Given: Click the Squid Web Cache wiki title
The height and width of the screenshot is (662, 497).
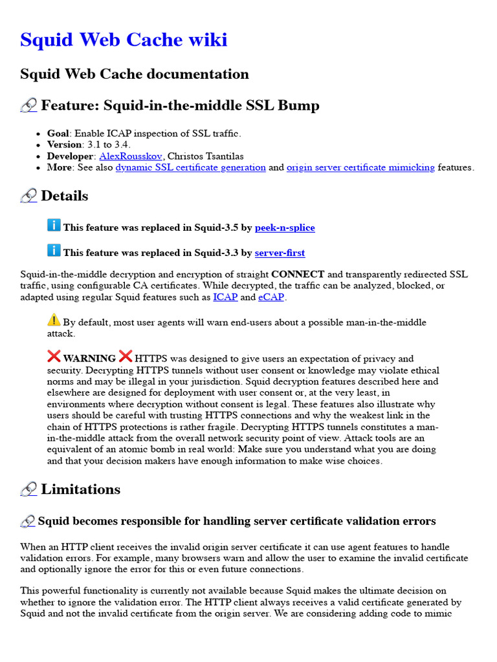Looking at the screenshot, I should tap(124, 40).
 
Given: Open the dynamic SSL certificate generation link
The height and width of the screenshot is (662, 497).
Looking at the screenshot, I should tap(190, 167).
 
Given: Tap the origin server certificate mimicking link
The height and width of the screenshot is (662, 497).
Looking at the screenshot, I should tap(360, 167).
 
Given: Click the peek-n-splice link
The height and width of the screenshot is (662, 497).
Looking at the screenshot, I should tap(285, 228).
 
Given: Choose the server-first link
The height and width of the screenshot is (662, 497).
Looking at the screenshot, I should tap(280, 253).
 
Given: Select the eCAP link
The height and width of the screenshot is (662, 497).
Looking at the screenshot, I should tap(271, 297).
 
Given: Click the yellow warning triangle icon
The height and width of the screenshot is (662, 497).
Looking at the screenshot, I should tap(54, 319).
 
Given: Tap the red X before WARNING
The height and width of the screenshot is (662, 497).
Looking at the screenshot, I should tap(54, 356).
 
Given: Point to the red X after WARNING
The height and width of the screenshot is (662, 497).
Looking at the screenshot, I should tap(126, 356).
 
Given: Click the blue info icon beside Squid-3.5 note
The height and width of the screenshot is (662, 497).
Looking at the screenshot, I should tap(54, 225).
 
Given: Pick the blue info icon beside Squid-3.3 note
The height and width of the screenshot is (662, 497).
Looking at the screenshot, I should tap(54, 250).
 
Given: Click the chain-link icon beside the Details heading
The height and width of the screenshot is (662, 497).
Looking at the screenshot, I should tap(28, 197).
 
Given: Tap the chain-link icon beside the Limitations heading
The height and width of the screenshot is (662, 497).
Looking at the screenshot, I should tap(28, 490).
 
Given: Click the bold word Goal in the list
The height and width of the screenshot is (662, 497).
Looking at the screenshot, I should tap(58, 133).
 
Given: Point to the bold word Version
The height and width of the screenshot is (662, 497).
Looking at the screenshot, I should tap(64, 144).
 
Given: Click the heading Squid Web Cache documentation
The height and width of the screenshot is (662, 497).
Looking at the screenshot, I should tap(135, 74).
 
